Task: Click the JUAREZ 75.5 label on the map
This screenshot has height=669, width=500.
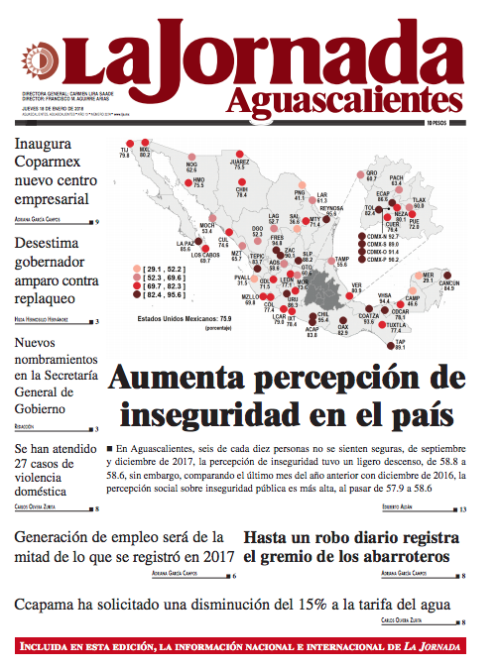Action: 239,165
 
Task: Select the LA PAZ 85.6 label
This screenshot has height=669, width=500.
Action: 186,246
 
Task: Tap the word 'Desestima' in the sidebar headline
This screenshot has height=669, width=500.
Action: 56,246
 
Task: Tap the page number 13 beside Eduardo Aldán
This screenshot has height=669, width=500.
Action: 466,509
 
